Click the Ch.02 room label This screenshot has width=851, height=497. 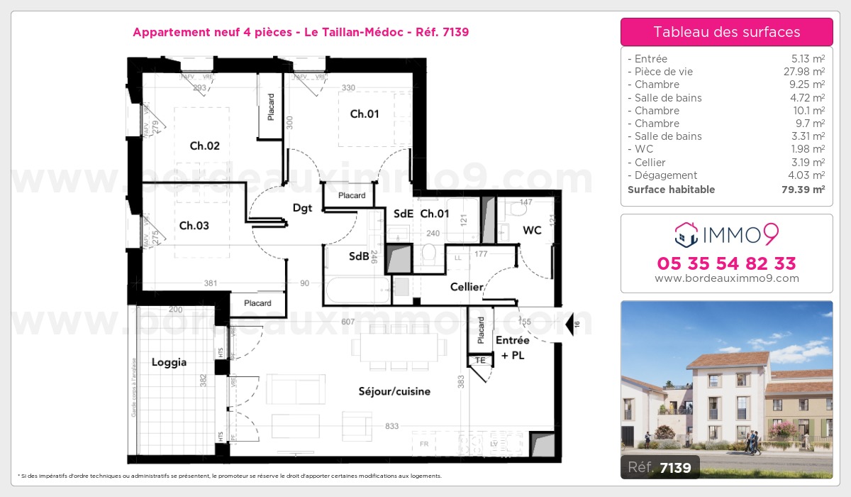click(x=204, y=146)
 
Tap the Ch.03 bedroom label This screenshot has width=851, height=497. click(x=194, y=226)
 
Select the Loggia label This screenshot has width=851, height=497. click(x=169, y=362)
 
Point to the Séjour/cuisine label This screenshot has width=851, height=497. click(x=394, y=391)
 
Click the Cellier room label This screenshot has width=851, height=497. click(x=467, y=287)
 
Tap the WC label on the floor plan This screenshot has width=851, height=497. click(x=533, y=230)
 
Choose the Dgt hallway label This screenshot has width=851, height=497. click(x=303, y=208)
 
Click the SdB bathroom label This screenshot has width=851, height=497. click(x=359, y=256)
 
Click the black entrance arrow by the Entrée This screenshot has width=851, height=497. click(x=569, y=324)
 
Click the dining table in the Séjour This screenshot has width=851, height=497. click(x=399, y=348)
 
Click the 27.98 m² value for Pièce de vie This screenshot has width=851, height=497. click(x=808, y=72)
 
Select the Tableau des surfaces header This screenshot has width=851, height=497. click(x=726, y=32)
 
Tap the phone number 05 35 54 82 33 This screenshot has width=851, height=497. click(x=726, y=263)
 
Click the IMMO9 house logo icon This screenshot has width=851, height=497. click(x=686, y=232)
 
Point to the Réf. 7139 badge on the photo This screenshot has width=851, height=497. click(x=660, y=466)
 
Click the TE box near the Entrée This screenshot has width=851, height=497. click(x=480, y=361)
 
